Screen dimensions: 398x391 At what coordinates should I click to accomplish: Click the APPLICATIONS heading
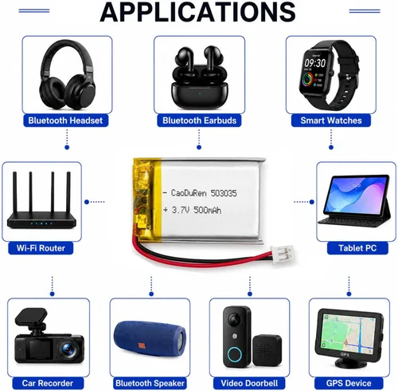[x=197, y=12]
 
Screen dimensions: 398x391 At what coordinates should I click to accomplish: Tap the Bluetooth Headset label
[x=65, y=120]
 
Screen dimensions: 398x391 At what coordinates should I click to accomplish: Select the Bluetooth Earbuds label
[x=199, y=120]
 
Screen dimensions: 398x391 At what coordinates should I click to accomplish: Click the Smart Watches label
[x=331, y=120]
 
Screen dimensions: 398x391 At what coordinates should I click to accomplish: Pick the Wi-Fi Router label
[x=41, y=248]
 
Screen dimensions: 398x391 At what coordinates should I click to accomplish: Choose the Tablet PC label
[x=357, y=248]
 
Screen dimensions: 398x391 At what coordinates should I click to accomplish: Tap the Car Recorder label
[x=48, y=383]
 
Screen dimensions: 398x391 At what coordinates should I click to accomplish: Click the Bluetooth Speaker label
[x=150, y=383]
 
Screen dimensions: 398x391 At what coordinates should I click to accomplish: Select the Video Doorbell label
[x=249, y=383]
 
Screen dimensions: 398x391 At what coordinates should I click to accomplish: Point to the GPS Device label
[x=349, y=383]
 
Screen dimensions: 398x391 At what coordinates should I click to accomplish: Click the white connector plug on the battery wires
[x=282, y=253]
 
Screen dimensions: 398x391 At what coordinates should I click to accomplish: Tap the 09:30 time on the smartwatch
[x=314, y=63]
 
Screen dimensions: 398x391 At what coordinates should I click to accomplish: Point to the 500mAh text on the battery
[x=207, y=210]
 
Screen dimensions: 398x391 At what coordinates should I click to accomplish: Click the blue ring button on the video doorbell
[x=234, y=354]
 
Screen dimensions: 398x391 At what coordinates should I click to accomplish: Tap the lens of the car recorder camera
[x=68, y=348]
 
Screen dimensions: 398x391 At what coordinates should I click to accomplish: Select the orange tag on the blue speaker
[x=142, y=346]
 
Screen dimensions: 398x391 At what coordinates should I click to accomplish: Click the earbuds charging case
[x=199, y=94]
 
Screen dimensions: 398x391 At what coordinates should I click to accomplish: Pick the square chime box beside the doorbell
[x=267, y=350]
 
